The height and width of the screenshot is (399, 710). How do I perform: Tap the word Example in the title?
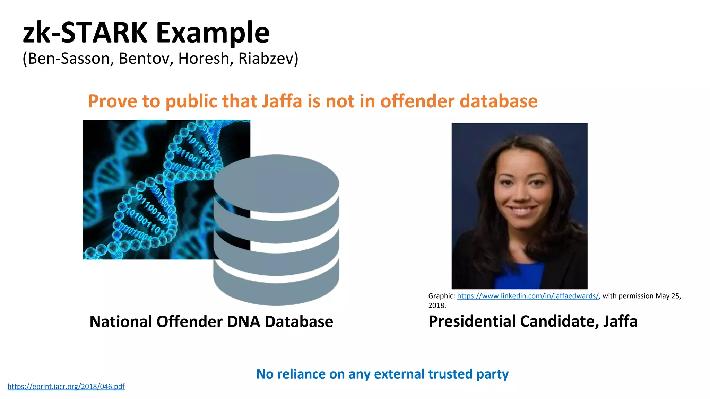point(213,33)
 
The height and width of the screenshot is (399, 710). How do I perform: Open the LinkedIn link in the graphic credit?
point(528,296)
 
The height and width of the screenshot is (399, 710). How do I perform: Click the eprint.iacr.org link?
point(66,387)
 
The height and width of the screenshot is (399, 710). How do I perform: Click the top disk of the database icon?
point(276,184)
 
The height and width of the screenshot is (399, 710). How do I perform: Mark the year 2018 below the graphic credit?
point(436,305)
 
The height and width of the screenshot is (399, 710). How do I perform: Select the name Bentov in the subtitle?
point(146,58)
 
